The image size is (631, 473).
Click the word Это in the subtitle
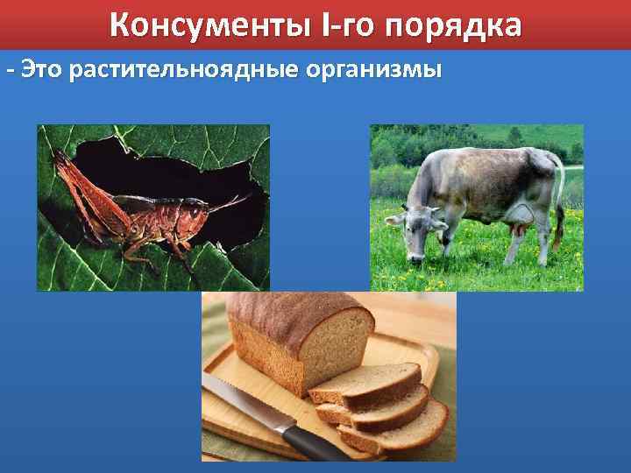(x=43, y=68)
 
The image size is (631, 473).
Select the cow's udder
(x=516, y=233)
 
